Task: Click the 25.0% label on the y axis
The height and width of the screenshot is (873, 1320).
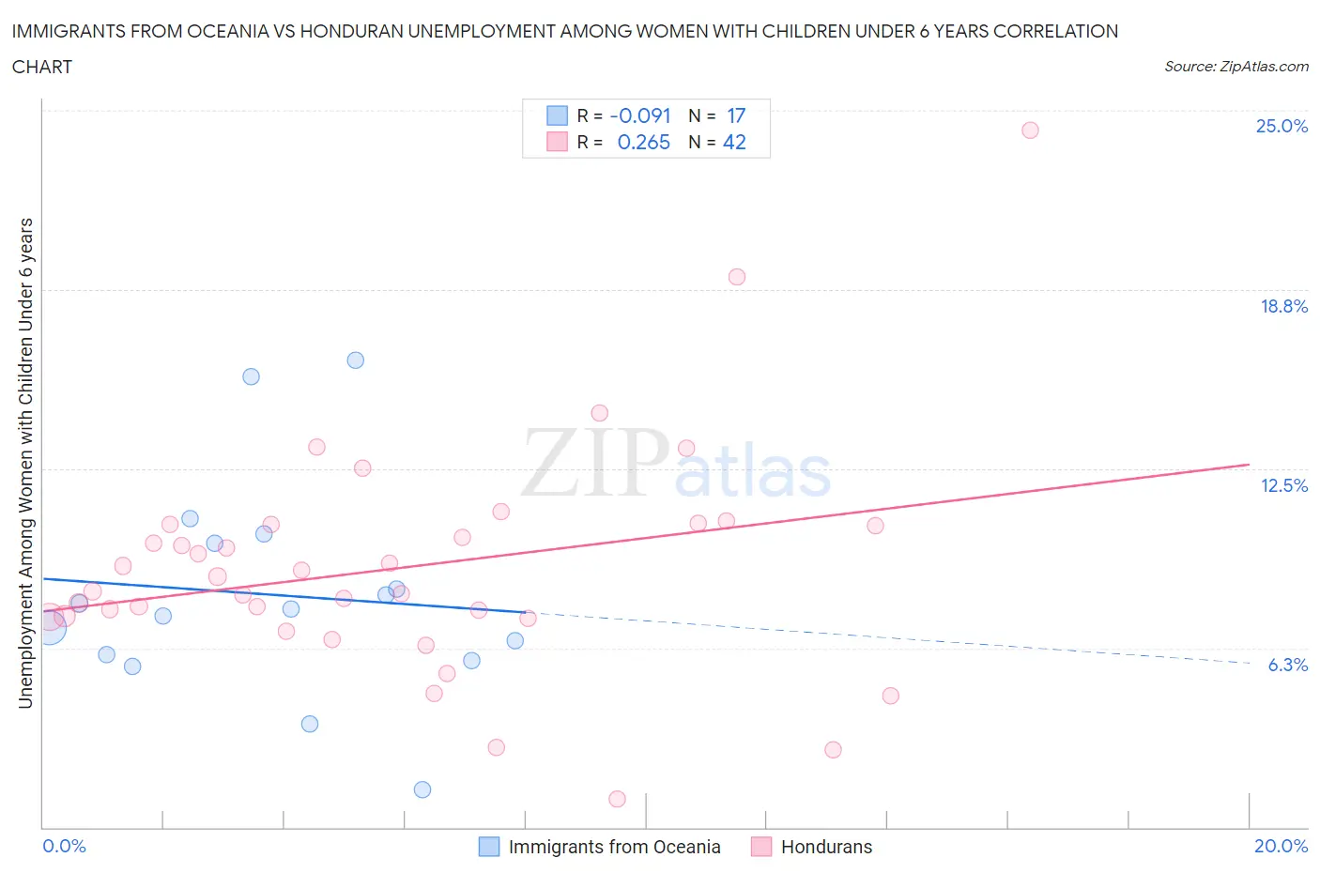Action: [1282, 126]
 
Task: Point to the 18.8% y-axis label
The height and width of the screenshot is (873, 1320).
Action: [1283, 306]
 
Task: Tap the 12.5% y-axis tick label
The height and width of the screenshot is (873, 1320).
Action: [1283, 485]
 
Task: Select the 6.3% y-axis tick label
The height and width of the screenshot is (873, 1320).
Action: [1287, 665]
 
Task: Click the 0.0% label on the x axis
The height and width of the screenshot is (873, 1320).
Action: [65, 846]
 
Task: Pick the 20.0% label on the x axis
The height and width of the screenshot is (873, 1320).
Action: [1281, 846]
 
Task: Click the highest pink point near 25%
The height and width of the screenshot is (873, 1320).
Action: [1030, 130]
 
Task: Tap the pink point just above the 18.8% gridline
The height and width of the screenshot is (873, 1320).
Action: [737, 277]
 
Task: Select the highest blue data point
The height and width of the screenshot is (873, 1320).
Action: [356, 360]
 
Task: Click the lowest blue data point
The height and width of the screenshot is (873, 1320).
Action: [422, 789]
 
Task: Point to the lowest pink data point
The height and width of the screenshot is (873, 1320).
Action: [617, 799]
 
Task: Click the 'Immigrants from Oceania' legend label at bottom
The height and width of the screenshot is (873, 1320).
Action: [614, 847]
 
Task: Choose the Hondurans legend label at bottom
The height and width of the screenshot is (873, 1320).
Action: [826, 847]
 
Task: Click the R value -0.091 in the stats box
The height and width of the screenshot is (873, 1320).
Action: [640, 115]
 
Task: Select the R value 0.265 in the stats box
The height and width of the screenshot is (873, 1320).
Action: [644, 142]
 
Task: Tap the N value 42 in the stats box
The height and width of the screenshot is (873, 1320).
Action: [734, 142]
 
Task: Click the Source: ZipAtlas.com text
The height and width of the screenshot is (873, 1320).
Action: [1236, 67]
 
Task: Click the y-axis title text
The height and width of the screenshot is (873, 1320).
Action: [26, 463]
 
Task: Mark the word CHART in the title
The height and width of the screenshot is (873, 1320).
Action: [42, 67]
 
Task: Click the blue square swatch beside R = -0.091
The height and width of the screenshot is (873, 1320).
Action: [557, 115]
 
